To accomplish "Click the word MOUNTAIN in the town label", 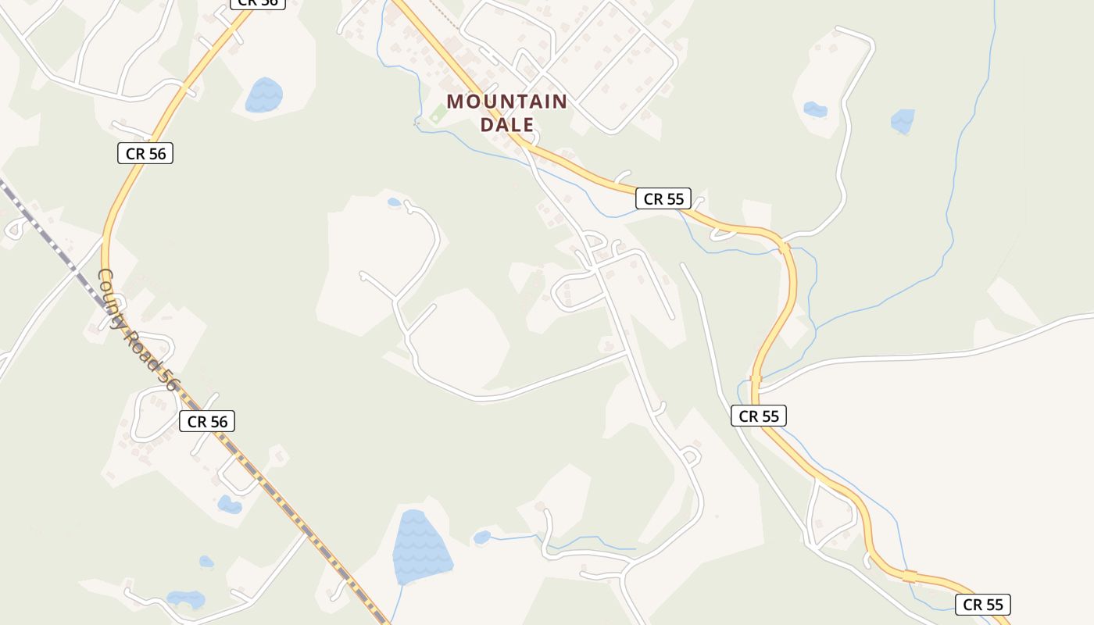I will (506, 102).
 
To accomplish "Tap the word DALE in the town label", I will (506, 124).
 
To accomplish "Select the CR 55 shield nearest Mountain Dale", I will (663, 198).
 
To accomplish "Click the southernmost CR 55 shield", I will (982, 604).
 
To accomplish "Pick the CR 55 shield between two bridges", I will (758, 416).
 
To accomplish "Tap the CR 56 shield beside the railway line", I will (206, 421).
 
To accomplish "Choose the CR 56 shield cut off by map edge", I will (258, 3).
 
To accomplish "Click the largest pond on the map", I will (420, 548).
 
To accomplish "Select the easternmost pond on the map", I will (903, 120).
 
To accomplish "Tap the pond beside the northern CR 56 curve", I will (264, 95).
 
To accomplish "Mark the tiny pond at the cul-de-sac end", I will (394, 202).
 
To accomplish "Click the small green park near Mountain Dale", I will (438, 114).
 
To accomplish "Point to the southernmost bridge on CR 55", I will (909, 576).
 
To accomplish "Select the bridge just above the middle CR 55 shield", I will (755, 380).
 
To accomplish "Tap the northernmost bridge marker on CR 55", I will (784, 248).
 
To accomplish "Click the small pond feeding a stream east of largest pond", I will (482, 537).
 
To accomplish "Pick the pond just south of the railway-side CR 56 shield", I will (229, 504).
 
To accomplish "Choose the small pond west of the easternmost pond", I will (815, 109).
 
